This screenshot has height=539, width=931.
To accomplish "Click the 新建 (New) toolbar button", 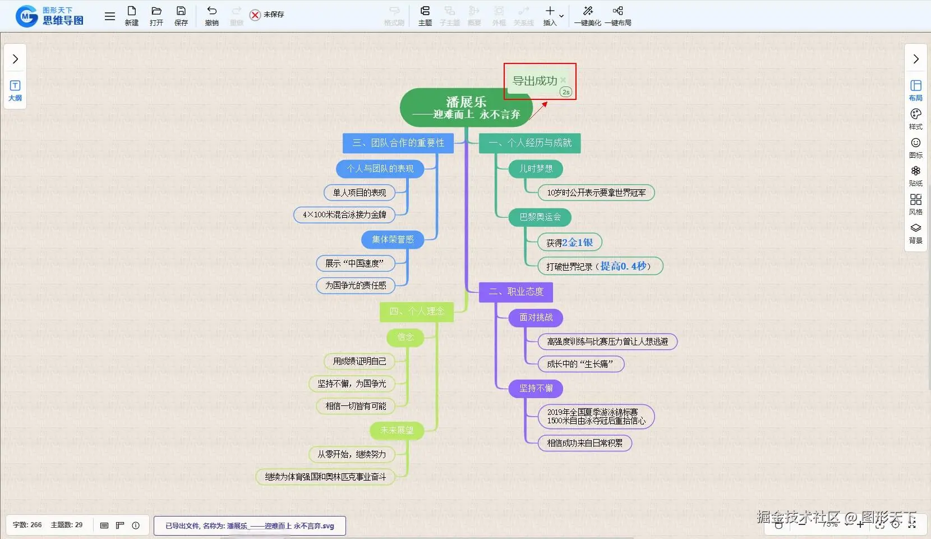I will [x=131, y=16].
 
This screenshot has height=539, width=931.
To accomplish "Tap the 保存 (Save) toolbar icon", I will [x=181, y=16].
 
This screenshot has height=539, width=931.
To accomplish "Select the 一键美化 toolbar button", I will [x=587, y=16].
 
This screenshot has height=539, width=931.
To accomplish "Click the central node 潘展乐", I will [x=466, y=107].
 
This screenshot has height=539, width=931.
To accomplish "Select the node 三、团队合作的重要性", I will [x=398, y=143].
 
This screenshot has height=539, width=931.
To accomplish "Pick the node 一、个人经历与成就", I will [x=529, y=143].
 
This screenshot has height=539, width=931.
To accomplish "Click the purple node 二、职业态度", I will [x=515, y=292].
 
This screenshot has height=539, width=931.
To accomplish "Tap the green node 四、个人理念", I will [x=416, y=312].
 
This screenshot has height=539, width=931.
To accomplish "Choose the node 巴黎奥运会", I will [x=540, y=217].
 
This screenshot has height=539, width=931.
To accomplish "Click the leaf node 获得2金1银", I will [x=569, y=243].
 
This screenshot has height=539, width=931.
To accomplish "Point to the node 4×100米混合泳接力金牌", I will [x=344, y=214].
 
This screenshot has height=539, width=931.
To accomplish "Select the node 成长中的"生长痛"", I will [x=580, y=364].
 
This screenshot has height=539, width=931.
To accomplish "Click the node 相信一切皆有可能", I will [x=356, y=406].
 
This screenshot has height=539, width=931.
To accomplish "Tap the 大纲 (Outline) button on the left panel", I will [x=15, y=90].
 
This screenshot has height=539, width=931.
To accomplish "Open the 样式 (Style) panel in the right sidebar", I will [x=915, y=118].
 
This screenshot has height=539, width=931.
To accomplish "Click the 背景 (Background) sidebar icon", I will [x=915, y=232].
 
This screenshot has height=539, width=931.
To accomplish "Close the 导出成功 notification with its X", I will [x=563, y=80].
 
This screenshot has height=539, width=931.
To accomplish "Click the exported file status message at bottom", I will [x=250, y=526].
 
